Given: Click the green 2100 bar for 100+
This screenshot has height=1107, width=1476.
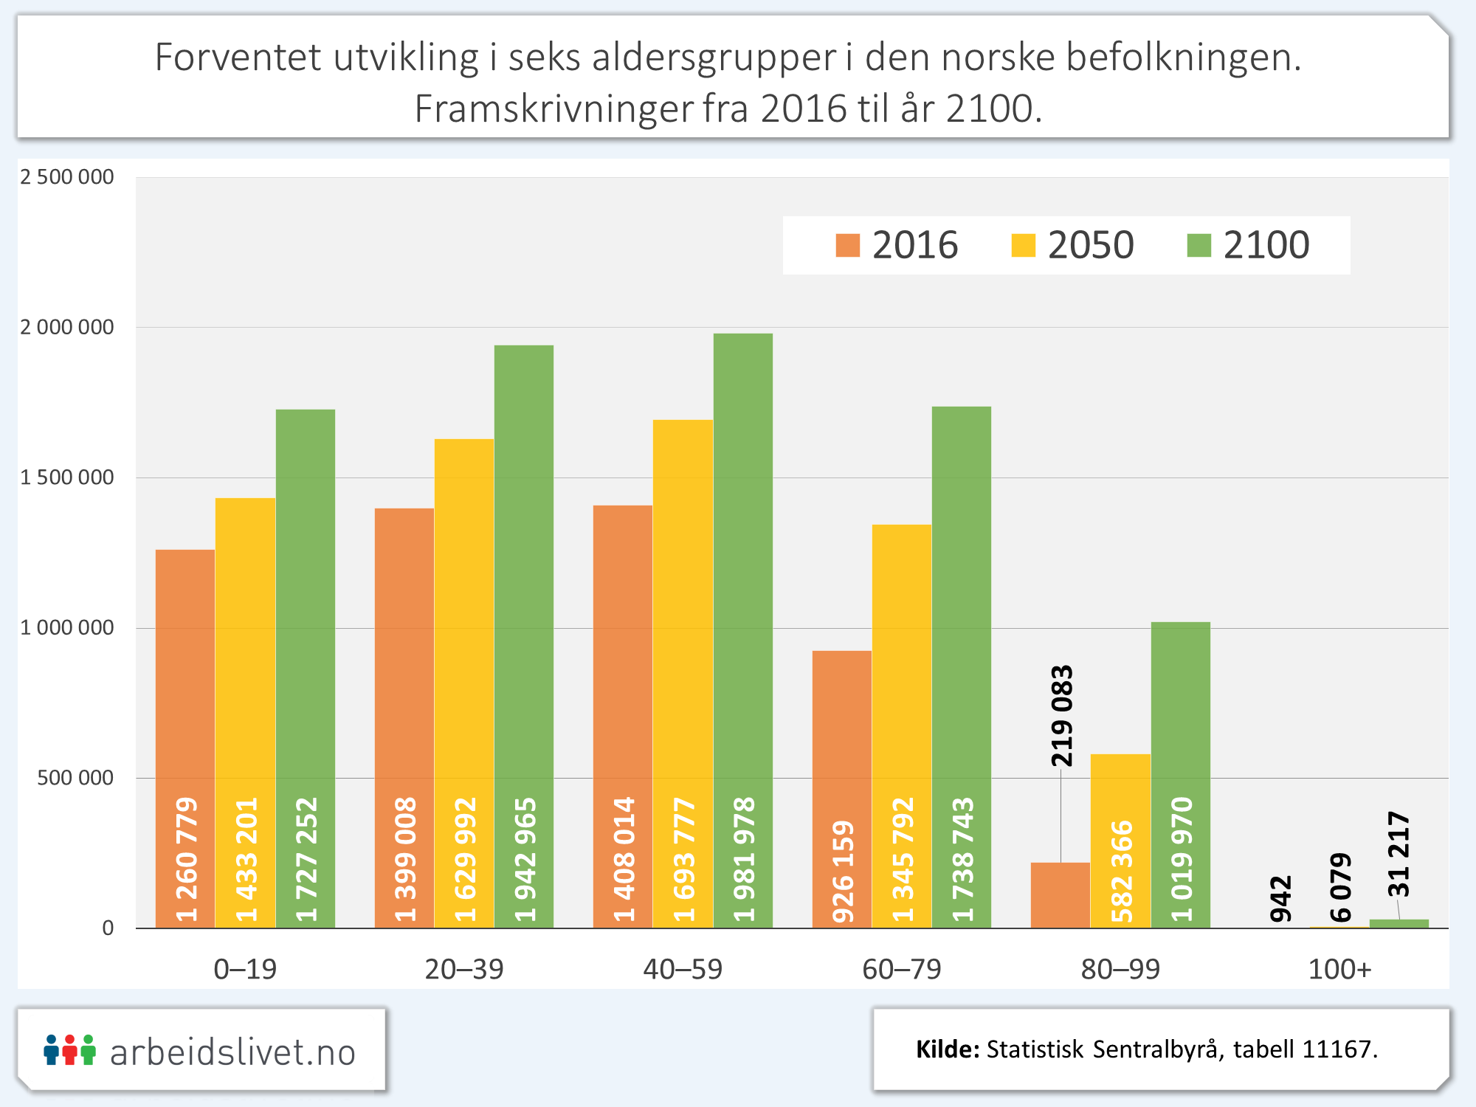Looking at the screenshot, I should (1399, 923).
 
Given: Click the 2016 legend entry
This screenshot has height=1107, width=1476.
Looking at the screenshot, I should (897, 245).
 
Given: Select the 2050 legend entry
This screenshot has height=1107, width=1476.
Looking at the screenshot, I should (1073, 245).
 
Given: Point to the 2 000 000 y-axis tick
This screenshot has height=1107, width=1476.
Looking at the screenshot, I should (67, 327).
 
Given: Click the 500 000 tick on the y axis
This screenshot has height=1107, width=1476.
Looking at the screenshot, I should (75, 778).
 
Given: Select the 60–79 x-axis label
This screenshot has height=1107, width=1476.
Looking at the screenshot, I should (902, 969).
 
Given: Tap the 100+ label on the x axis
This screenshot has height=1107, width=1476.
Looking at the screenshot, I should (1339, 969).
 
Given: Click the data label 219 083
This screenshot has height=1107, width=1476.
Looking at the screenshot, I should (1061, 716).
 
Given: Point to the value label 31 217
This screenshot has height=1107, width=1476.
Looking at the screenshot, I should (1399, 854).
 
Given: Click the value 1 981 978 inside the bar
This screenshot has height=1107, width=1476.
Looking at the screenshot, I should (744, 859).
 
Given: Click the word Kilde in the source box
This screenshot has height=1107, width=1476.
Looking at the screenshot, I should (948, 1049).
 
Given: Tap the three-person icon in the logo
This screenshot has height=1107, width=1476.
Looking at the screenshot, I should (69, 1050).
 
